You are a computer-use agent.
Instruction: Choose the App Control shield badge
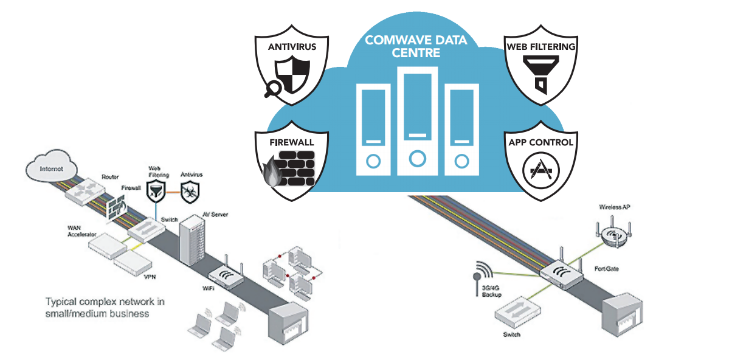coord(540,161)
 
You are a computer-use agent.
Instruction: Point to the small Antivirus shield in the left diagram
coord(192,189)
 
